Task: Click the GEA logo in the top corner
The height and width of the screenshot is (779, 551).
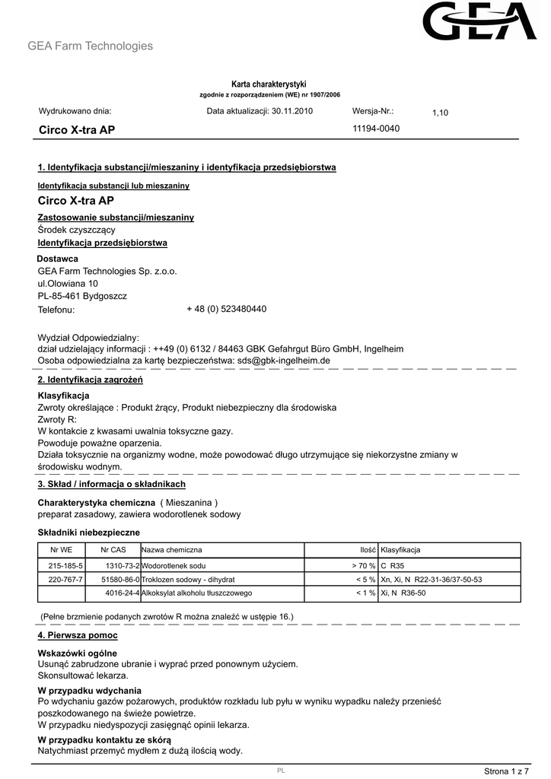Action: coord(480,22)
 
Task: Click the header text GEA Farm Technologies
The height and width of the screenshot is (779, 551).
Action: coord(90,46)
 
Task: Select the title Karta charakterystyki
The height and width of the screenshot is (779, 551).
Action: coord(269,84)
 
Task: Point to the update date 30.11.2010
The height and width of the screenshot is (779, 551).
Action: coord(291,111)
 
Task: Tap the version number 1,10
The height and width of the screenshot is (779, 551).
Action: coord(441,113)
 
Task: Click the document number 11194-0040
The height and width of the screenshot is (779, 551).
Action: coord(376,128)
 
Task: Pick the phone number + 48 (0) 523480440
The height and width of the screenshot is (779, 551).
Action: coord(226,310)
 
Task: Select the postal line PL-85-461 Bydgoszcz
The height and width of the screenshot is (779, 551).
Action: coord(82,296)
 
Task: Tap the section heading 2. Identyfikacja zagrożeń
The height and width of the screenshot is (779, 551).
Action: coord(90,379)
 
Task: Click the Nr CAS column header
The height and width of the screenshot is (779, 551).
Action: coord(113,550)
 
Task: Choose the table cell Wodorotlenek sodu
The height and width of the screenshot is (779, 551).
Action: coord(174,566)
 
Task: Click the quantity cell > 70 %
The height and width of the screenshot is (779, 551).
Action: coord(363,566)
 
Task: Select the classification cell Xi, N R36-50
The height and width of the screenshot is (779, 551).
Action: coord(403,593)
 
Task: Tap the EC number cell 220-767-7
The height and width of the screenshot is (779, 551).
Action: coord(65,580)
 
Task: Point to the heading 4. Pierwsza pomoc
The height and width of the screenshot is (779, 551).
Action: coord(78,634)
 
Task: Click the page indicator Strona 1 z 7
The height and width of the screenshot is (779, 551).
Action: coord(506,771)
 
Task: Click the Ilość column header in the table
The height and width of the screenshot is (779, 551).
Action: coord(368,550)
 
